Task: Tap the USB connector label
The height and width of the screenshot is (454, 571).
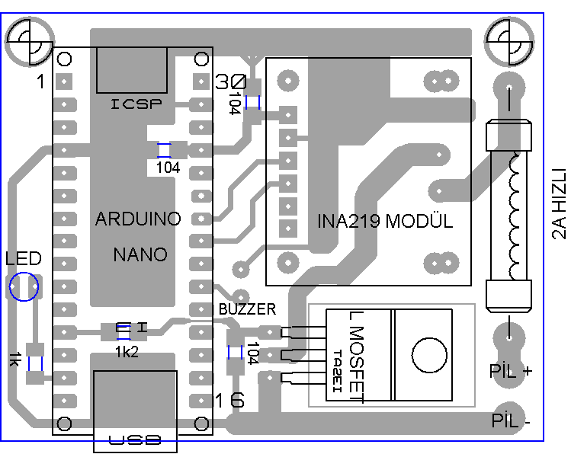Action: click(135, 440)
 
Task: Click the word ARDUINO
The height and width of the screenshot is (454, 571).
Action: click(138, 219)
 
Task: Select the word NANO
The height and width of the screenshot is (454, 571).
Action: click(140, 254)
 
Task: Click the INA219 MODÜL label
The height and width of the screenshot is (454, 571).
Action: click(385, 222)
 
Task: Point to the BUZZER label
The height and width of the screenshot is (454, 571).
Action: click(247, 309)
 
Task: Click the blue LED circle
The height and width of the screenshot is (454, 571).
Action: click(24, 287)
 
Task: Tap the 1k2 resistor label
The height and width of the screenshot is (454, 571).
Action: click(127, 351)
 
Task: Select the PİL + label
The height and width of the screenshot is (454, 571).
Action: click(511, 372)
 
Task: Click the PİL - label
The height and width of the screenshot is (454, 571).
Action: click(511, 420)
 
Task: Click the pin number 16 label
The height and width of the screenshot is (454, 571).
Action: click(229, 401)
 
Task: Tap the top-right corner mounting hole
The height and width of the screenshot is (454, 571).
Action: click(508, 40)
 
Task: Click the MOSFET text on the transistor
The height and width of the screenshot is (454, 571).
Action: click(358, 354)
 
